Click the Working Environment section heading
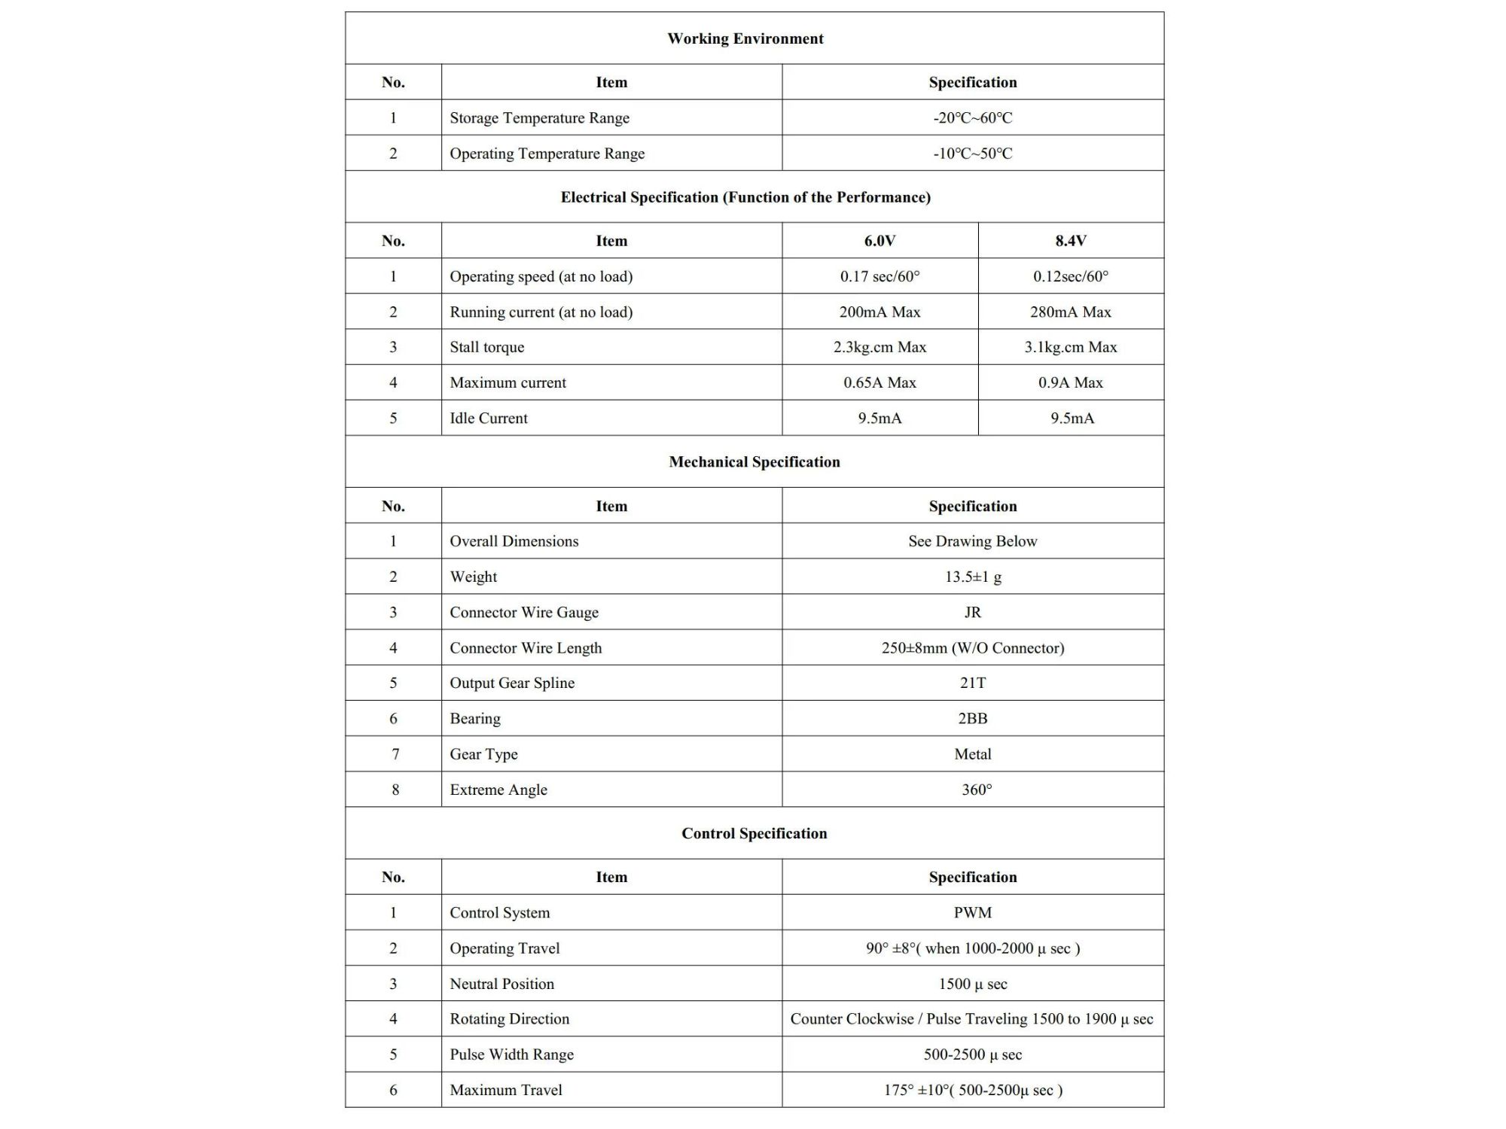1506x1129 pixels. click(x=745, y=38)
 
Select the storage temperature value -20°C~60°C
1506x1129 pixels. click(x=972, y=117)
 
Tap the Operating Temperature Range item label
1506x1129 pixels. click(x=547, y=154)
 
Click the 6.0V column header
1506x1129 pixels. click(x=880, y=241)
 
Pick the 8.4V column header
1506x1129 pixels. click(x=1070, y=241)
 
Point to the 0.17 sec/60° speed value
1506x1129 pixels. click(x=880, y=276)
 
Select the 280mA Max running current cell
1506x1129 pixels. click(x=1070, y=312)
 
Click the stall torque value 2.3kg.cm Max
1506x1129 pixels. click(x=880, y=347)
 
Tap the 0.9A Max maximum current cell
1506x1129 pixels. click(x=1070, y=382)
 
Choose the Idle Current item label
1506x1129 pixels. click(x=489, y=418)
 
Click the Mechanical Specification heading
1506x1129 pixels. click(x=754, y=462)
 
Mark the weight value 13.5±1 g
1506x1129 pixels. click(x=972, y=577)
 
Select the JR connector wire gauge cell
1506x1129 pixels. click(x=972, y=612)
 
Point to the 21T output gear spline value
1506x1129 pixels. click(x=972, y=683)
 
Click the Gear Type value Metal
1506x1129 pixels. click(x=972, y=754)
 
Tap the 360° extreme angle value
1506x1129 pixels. click(x=976, y=790)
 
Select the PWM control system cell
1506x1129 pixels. click(x=972, y=912)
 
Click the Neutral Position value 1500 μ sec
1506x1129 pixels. click(x=972, y=984)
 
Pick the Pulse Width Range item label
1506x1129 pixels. click(x=511, y=1054)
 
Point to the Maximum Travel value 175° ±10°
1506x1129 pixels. click(x=972, y=1090)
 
